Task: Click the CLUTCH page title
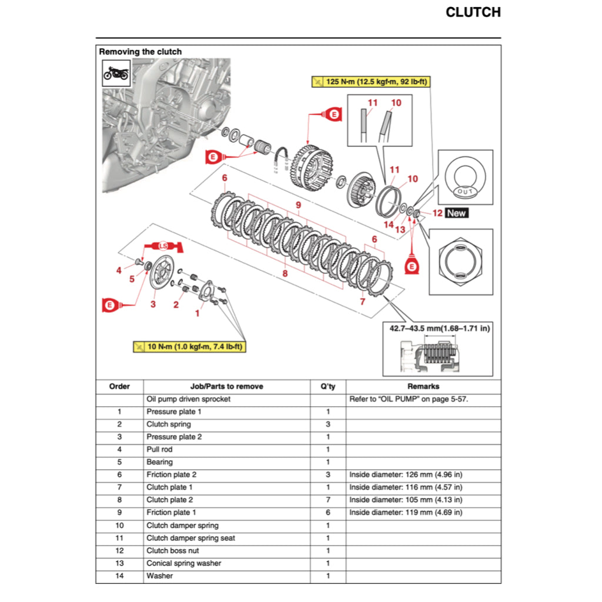pyautogui.click(x=473, y=12)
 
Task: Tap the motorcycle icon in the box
pyautogui.click(x=116, y=73)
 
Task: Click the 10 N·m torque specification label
pyautogui.click(x=189, y=347)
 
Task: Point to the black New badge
pyautogui.click(x=457, y=213)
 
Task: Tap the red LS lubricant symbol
pyautogui.click(x=163, y=245)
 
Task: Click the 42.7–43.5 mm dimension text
pyautogui.click(x=438, y=328)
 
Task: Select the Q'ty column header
pyautogui.click(x=327, y=386)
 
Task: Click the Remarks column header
pyautogui.click(x=423, y=386)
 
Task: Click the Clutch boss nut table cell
pyautogui.click(x=173, y=550)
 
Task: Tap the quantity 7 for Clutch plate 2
pyautogui.click(x=328, y=500)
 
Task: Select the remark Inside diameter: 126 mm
pyautogui.click(x=406, y=474)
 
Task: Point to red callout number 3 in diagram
pyautogui.click(x=153, y=304)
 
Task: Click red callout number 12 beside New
pyautogui.click(x=437, y=213)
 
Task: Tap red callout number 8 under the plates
pyautogui.click(x=285, y=273)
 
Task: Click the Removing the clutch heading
pyautogui.click(x=141, y=52)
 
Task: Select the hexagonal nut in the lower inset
pyautogui.click(x=460, y=262)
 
